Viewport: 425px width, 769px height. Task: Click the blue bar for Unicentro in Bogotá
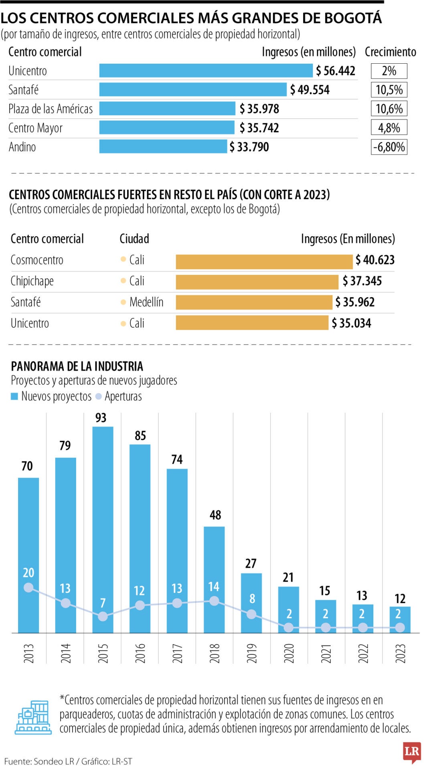tap(206, 70)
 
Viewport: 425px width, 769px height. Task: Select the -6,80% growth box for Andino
tap(389, 147)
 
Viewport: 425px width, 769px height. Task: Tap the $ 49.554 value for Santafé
tap(310, 90)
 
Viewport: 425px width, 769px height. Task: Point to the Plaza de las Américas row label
tap(51, 109)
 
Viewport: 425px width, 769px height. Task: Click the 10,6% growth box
tap(389, 109)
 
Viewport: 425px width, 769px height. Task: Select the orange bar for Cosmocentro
tap(264, 262)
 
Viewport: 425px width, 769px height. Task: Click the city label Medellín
tap(146, 302)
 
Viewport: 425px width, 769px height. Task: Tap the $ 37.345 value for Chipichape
tap(362, 281)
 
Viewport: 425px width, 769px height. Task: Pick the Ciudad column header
tap(134, 239)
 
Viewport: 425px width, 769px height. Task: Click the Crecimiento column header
tap(390, 52)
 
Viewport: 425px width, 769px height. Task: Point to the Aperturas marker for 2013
tap(28, 588)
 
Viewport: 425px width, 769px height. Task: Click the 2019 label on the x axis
tap(252, 653)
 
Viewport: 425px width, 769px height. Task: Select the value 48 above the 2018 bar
tap(215, 515)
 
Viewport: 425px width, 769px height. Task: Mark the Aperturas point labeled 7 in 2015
tap(103, 616)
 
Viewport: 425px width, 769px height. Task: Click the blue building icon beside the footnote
tap(34, 718)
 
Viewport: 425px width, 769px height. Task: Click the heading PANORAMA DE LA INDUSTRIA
tap(77, 366)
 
